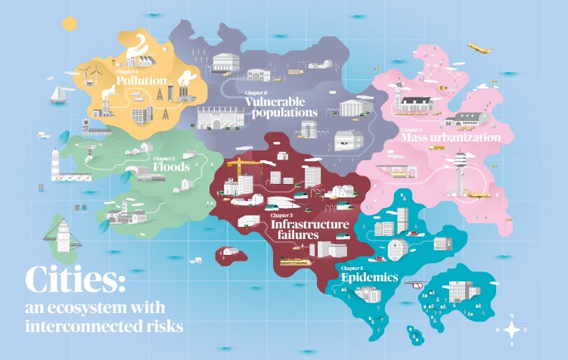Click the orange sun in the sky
pos(70,23)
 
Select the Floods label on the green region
pos(171,166)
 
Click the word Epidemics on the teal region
pos(369,278)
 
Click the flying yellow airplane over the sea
pos(480,48)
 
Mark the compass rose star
pos(513,329)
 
